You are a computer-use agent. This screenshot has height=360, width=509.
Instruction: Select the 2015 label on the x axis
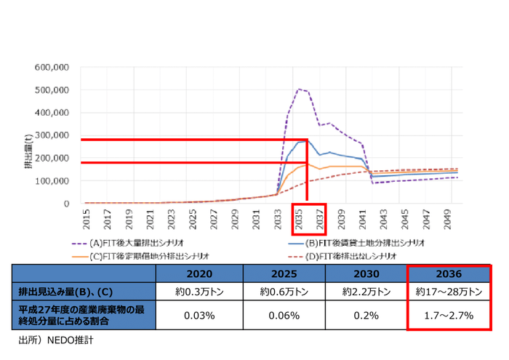tap(86, 218)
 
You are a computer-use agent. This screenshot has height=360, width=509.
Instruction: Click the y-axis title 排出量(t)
tap(26, 153)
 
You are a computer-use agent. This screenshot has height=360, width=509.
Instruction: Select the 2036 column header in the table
tap(449, 274)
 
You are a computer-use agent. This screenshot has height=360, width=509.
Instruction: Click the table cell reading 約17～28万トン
tap(449, 292)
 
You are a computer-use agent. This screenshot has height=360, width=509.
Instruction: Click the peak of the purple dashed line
tap(299, 89)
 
